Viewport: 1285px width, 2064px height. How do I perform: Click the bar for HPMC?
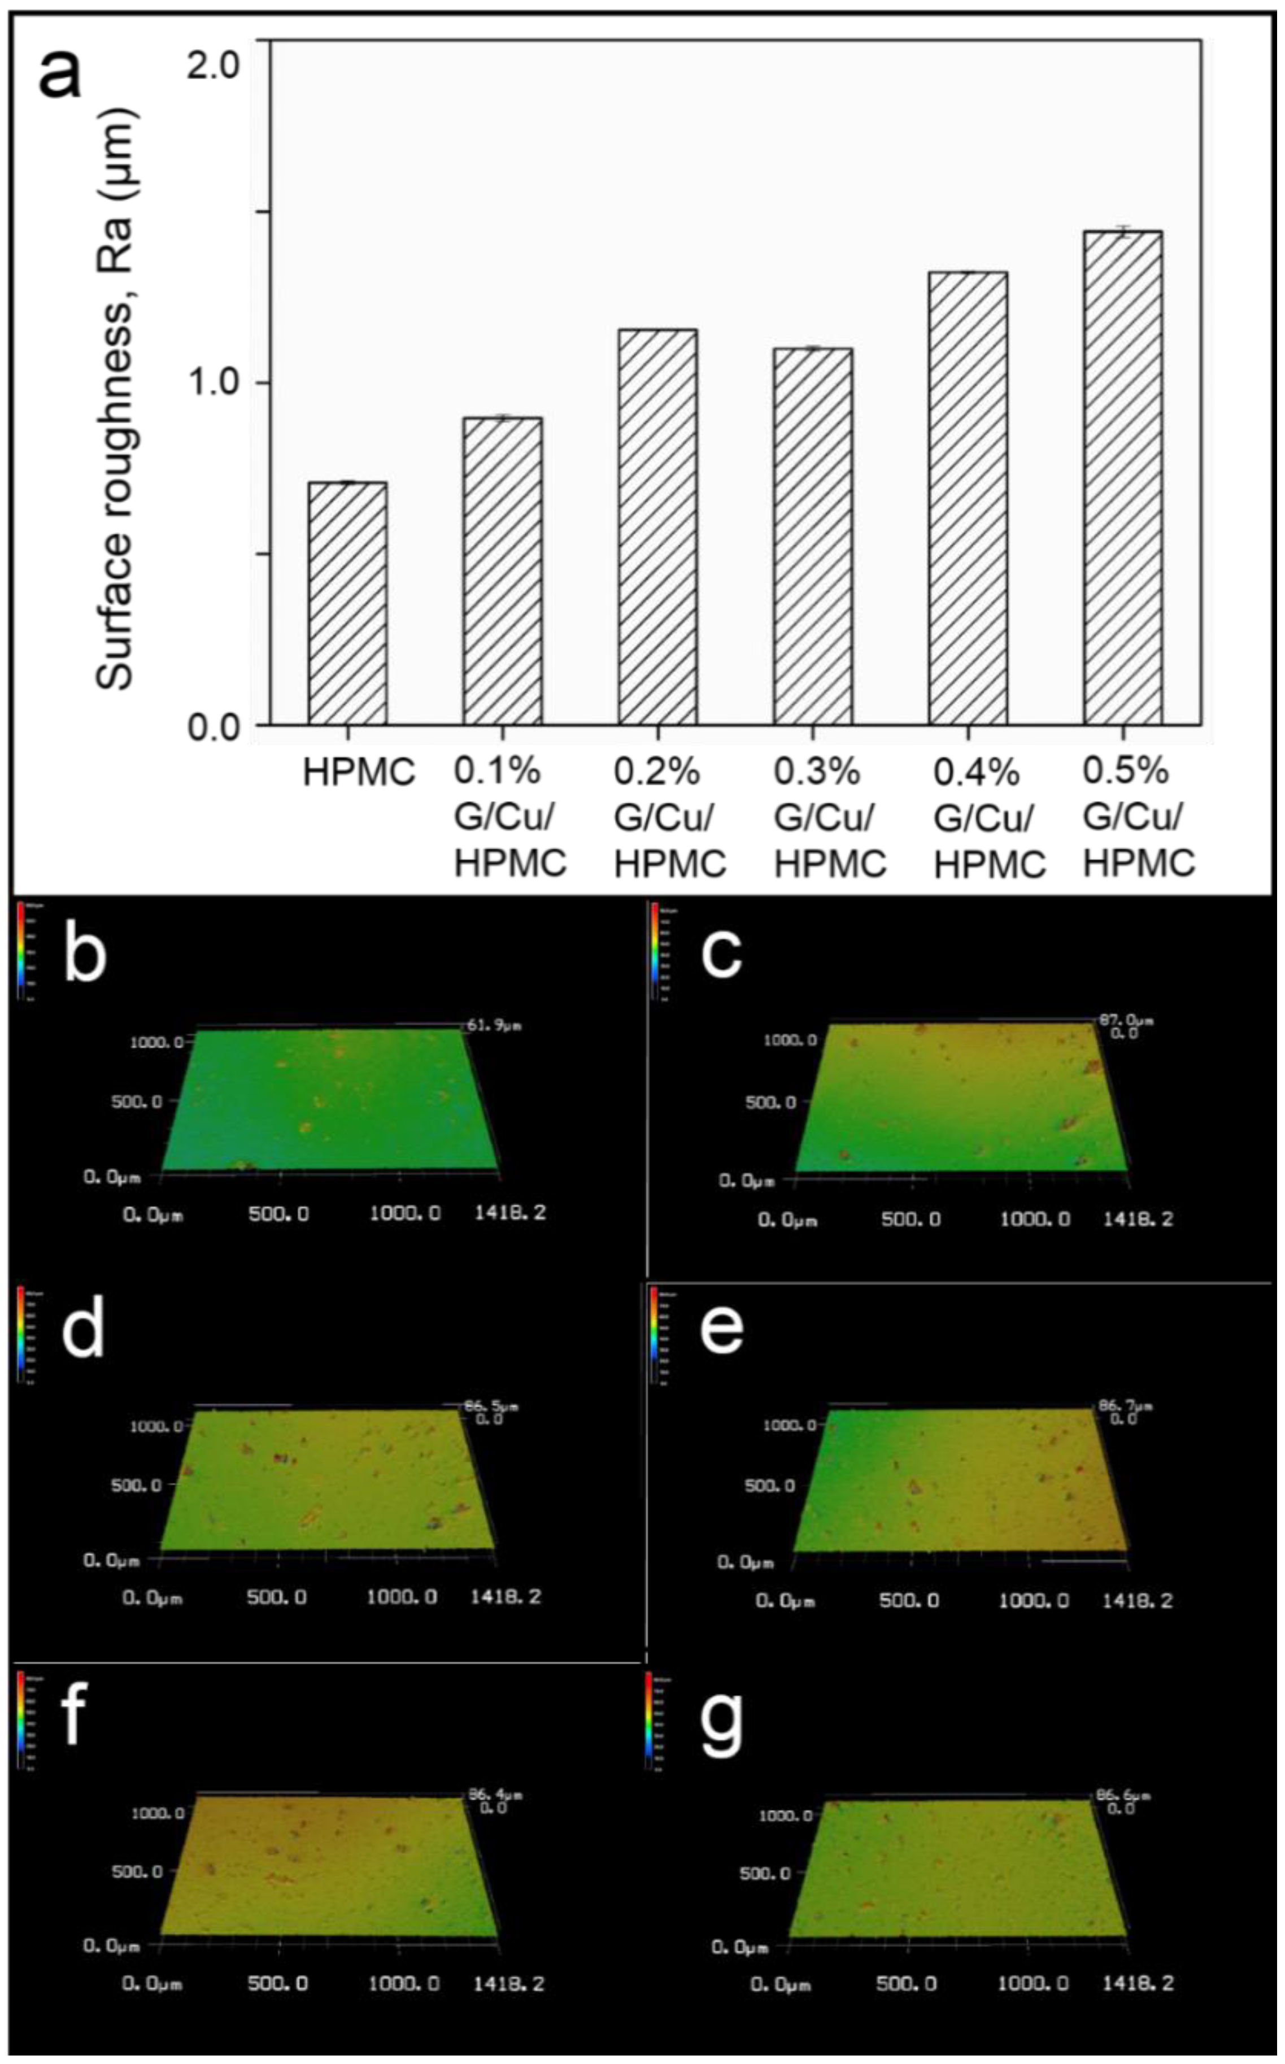point(347,603)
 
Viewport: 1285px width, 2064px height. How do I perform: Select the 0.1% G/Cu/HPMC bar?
point(502,571)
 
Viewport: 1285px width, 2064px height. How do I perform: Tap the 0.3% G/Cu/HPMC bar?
point(812,536)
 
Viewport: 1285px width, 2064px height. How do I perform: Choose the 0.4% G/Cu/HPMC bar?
point(968,498)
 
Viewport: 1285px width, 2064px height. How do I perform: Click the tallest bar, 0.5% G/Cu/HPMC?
point(1123,477)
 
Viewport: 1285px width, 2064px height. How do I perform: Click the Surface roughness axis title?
point(115,399)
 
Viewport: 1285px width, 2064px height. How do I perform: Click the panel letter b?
point(85,952)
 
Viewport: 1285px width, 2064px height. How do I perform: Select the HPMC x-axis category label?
point(359,772)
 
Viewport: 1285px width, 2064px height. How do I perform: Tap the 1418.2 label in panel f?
point(508,1984)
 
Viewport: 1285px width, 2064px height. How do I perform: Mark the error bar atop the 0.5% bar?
point(1123,231)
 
